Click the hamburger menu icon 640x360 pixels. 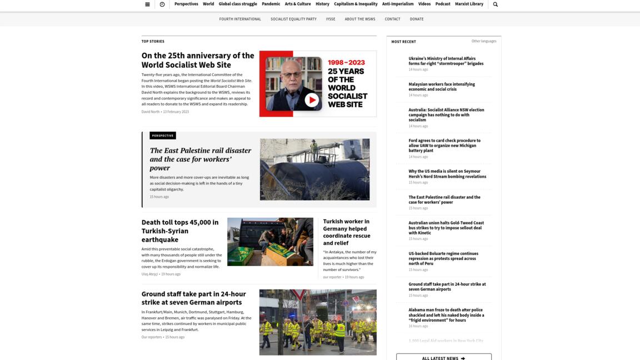coord(147,4)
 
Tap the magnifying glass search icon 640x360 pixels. coord(496,4)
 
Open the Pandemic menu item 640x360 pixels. coord(271,4)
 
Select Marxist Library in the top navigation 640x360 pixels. coord(469,4)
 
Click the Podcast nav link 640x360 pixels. coord(443,4)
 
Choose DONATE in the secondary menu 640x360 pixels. coord(417,19)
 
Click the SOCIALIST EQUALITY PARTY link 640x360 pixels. coord(293,19)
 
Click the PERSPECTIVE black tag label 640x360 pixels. coord(163,136)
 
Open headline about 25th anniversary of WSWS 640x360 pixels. coord(198,60)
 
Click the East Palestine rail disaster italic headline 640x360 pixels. coord(200,159)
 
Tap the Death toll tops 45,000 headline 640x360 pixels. coord(180,231)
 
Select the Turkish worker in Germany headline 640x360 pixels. coord(346,232)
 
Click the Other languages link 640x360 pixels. coord(484,41)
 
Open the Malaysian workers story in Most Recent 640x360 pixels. coord(442,87)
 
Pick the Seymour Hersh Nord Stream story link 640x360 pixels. coord(447,174)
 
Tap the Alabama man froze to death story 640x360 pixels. coord(446,315)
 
